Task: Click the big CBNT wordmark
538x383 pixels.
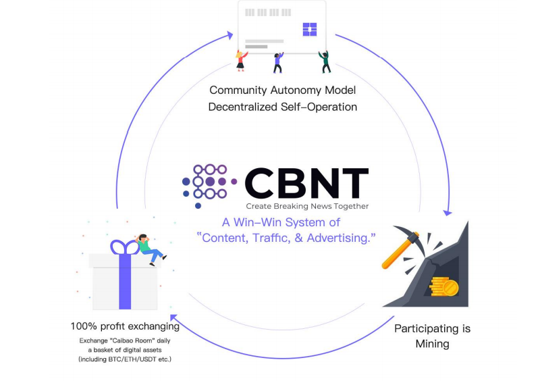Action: [x=306, y=183]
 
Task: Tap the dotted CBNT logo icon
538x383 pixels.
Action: [x=209, y=185]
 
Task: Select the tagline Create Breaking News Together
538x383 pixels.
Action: [x=307, y=206]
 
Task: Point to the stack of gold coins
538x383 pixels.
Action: [x=443, y=286]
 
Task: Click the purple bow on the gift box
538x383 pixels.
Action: [x=125, y=247]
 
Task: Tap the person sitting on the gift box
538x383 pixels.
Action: [x=151, y=249]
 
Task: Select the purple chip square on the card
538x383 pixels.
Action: [x=309, y=29]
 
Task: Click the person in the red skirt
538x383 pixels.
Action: [x=241, y=61]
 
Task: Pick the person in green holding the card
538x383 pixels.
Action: [x=325, y=61]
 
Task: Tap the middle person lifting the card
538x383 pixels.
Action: [x=278, y=63]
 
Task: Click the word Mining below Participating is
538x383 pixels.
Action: [x=432, y=344]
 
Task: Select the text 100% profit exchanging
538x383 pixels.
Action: [x=125, y=326]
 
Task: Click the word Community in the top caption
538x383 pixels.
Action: [x=238, y=91]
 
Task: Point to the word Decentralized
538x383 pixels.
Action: [x=243, y=107]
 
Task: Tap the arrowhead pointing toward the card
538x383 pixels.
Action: [x=230, y=35]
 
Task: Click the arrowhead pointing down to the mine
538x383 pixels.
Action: [x=447, y=213]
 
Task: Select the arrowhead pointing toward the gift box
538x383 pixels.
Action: [x=174, y=317]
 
